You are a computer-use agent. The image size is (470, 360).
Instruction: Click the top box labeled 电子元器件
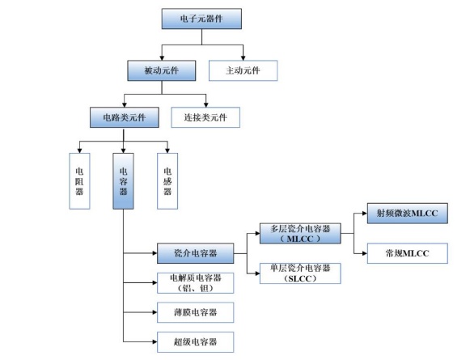click(201, 19)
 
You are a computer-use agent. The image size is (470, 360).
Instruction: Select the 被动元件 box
click(162, 70)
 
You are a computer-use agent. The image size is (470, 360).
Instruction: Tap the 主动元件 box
click(243, 70)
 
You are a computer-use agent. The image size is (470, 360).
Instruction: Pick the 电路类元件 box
click(125, 117)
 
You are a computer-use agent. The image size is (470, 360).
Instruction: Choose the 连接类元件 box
click(205, 117)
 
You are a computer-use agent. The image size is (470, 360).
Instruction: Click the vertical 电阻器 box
click(79, 181)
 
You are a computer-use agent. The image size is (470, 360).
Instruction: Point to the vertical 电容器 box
click(123, 181)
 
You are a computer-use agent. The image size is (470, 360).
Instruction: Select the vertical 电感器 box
click(167, 181)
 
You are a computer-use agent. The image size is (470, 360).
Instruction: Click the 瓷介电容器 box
click(196, 253)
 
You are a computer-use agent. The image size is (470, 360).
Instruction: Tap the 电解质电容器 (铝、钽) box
click(196, 282)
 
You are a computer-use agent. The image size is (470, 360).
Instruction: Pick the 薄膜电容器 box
click(196, 312)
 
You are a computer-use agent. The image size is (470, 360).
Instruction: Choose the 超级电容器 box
click(196, 341)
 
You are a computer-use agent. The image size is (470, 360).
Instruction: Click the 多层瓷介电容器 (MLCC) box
click(300, 233)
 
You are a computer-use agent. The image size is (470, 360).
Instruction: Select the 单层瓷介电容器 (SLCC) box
click(300, 273)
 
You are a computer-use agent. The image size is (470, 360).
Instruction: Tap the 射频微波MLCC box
click(408, 213)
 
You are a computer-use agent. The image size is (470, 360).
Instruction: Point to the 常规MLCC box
click(408, 253)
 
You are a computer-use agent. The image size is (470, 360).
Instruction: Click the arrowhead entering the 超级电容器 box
click(155, 341)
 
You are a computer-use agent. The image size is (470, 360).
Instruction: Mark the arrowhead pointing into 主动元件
click(243, 58)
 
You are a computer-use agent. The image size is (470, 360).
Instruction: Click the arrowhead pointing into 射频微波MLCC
click(365, 214)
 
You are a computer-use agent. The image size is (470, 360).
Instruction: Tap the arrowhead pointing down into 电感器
click(167, 150)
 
